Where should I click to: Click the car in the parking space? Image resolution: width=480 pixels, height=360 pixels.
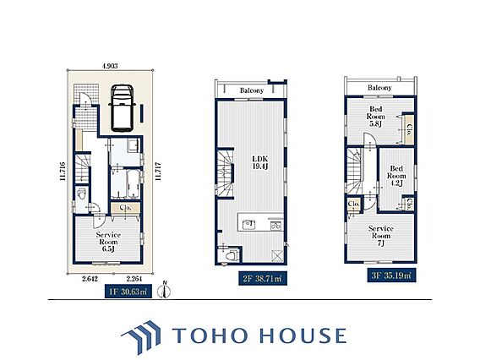(x=123, y=108)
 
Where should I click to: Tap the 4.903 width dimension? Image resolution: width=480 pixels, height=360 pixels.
(x=110, y=66)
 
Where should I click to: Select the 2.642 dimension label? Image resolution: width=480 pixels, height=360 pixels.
(x=90, y=279)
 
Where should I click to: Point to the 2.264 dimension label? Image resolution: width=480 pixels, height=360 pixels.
(x=134, y=279)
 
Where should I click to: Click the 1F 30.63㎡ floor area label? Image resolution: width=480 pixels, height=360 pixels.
(x=128, y=292)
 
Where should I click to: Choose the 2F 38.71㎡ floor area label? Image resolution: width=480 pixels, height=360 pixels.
(x=263, y=278)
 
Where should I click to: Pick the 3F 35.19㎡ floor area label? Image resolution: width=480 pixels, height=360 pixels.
(x=391, y=275)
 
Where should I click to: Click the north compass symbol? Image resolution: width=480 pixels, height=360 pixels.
(x=164, y=290)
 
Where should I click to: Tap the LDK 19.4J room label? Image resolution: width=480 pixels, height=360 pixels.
(x=260, y=162)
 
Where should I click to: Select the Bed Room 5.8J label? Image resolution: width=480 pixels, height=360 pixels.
(x=375, y=117)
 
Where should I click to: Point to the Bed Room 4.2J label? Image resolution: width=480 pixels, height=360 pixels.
(x=396, y=176)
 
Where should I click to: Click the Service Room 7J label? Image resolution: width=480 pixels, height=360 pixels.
(x=381, y=236)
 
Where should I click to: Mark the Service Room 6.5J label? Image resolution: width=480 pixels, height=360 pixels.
(x=108, y=242)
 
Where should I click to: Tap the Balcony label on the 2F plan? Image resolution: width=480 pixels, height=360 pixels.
(x=252, y=90)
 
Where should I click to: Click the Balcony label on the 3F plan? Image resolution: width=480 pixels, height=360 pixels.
(x=379, y=88)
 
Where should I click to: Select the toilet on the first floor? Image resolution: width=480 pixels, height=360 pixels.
(x=81, y=194)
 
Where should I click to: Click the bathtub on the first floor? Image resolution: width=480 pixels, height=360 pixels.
(x=134, y=183)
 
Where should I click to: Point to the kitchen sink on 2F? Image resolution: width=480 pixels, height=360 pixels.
(x=248, y=225)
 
